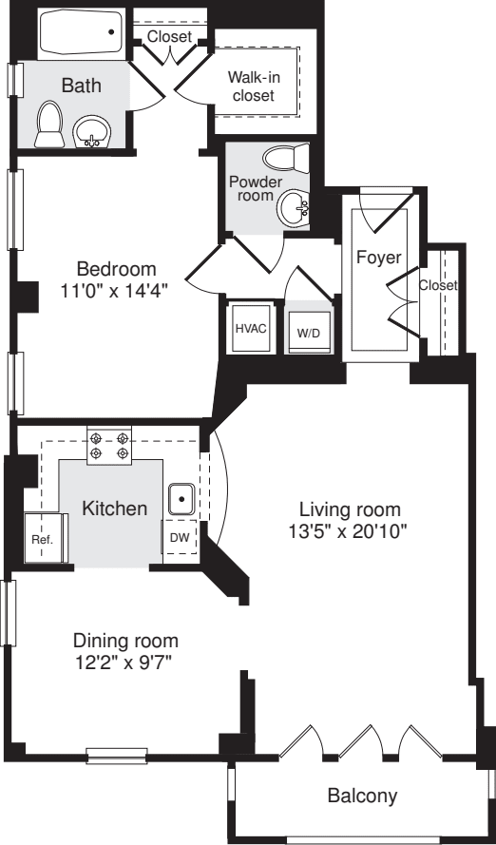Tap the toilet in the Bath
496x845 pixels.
pos(48,125)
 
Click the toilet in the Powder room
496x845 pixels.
pos(284,158)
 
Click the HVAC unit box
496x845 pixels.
pos(250,329)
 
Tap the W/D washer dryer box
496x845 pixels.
pos(308,332)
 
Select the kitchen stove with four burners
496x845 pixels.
pos(109,444)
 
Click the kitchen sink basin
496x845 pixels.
pos(181,498)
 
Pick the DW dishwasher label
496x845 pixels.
pos(180,537)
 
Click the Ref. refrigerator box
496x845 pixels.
pos(43,538)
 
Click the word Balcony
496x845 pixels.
pos(362,796)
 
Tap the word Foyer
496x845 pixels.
pos(378,258)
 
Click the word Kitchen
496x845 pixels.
pos(113,509)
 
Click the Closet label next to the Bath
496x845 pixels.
pos(169,37)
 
